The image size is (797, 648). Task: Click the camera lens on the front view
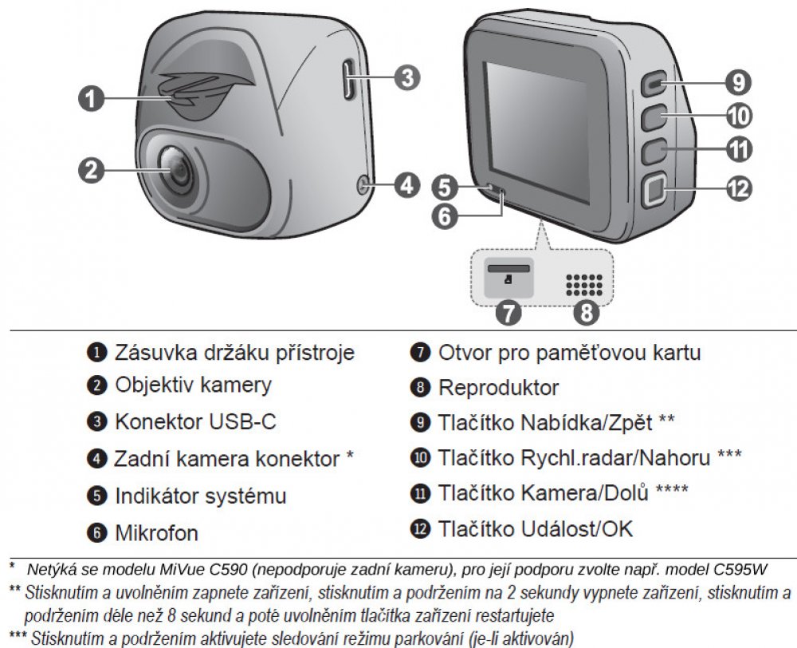pos(179,171)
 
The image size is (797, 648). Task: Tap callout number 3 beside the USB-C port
pos(407,78)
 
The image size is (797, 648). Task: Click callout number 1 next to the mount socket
pos(91,98)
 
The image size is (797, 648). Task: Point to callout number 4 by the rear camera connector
pos(407,185)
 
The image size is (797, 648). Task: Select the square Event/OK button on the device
pos(655,191)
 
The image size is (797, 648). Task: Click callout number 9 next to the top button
pos(738,82)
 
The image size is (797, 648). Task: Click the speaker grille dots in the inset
pos(584,285)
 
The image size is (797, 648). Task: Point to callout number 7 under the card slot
pos(508,312)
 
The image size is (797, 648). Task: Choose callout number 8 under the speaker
pos(587,312)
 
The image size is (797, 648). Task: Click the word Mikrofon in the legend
pos(156,533)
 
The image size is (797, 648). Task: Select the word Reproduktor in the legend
pos(498,389)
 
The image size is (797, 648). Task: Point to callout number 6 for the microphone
pos(444,215)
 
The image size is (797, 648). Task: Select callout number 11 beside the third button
pos(738,151)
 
